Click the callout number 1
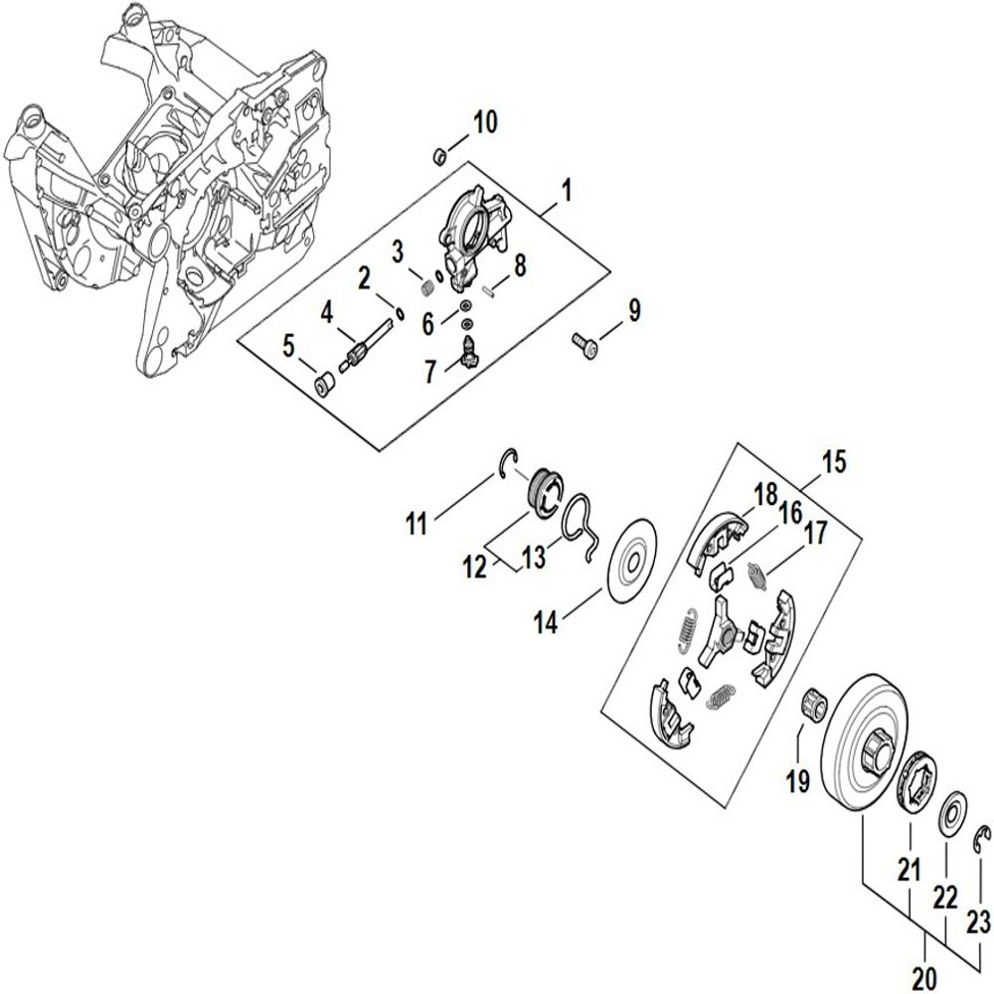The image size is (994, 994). (x=567, y=187)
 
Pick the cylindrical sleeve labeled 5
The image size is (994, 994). (x=323, y=383)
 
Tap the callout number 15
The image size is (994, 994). (x=833, y=461)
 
